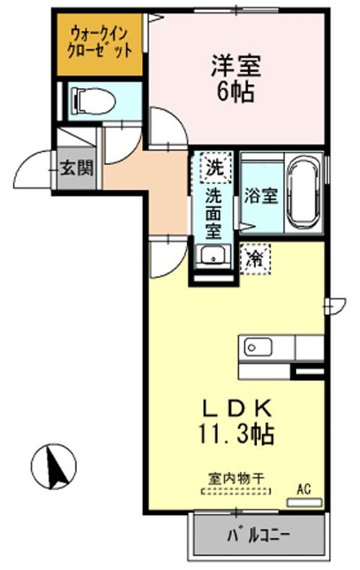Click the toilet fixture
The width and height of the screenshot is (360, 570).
point(93,100)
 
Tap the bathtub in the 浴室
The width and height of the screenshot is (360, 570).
point(305,191)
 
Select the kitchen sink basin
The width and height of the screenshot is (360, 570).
point(256,347)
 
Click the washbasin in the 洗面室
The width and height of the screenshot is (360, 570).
point(211,255)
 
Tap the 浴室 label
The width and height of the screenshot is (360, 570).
point(261,195)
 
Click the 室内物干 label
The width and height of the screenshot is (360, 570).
point(235,478)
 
